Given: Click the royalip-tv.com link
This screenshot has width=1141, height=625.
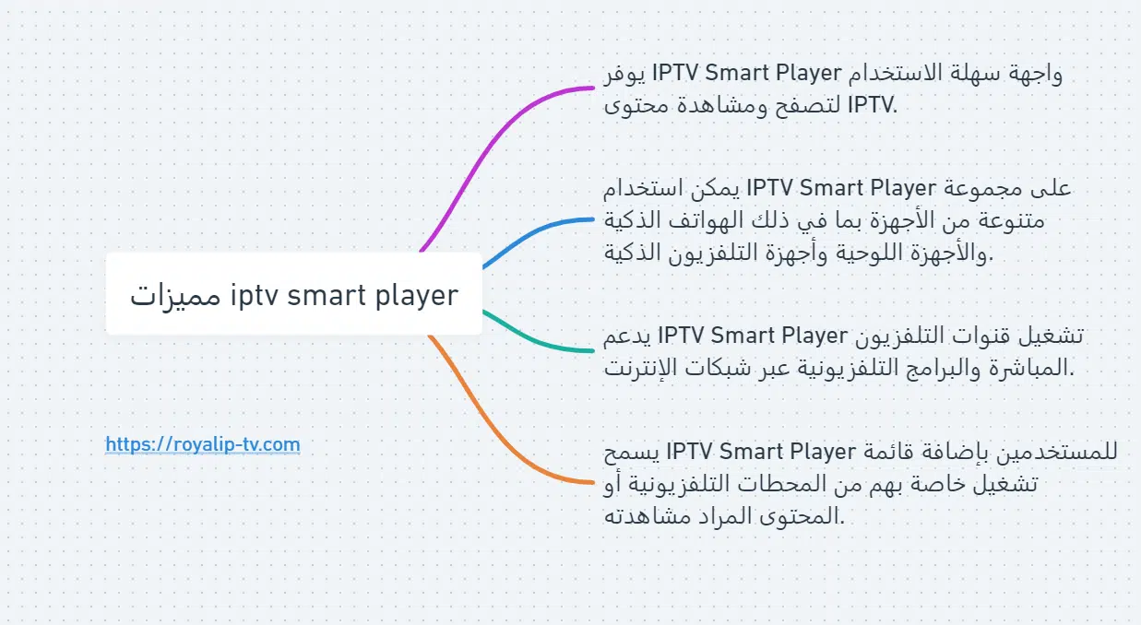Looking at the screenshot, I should click(203, 445).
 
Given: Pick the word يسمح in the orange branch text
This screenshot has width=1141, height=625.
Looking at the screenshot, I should click(632, 452).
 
